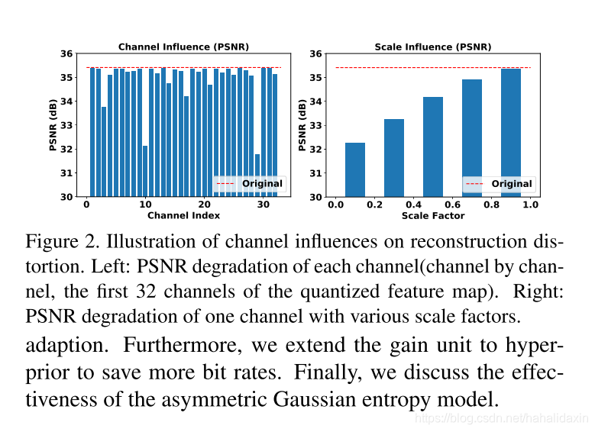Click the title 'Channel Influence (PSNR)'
pos(183,47)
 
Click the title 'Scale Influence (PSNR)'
pos(432,47)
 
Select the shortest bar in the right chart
pos(355,169)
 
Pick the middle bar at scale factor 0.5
pos(433,147)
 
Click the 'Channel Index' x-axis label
pos(183,216)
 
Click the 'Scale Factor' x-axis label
pos(432,216)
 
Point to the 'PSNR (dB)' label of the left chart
pos(54,125)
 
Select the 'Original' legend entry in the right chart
pos(511,184)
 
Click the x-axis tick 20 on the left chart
pos(204,205)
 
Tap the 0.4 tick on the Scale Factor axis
pos(413,205)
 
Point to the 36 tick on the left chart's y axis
pos(67,54)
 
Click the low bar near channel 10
pos(145,172)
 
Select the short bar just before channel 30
pos(257,176)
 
